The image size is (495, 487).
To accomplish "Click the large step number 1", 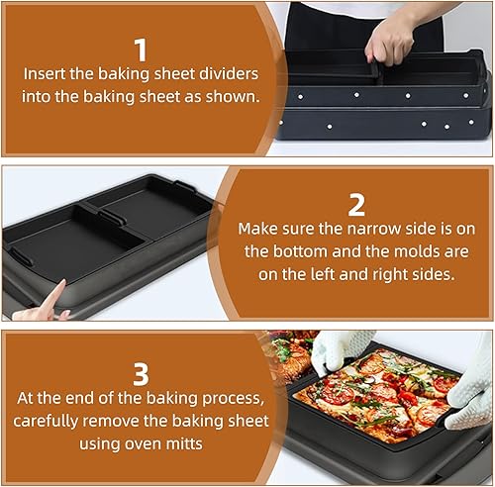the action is [141, 49].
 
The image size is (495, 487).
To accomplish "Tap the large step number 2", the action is [356, 205].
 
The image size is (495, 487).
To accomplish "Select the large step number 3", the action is [141, 374].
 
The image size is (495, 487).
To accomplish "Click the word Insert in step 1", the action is [45, 73].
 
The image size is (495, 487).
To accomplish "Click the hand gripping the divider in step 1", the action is [391, 42].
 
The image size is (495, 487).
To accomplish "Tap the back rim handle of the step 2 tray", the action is [185, 187].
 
